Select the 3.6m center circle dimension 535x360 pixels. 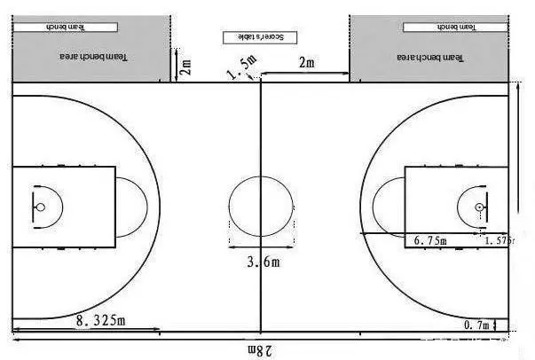pyautogui.click(x=263, y=261)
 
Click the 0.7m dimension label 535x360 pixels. pyautogui.click(x=476, y=325)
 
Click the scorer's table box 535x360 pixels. pyautogui.click(x=259, y=37)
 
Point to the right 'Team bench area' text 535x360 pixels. pyautogui.click(x=432, y=58)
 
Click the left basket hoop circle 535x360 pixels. pyautogui.click(x=40, y=207)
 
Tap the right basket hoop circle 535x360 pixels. pyautogui.click(x=479, y=207)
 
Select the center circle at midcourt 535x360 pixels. pyautogui.click(x=260, y=207)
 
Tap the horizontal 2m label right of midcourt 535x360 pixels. pyautogui.click(x=306, y=63)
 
